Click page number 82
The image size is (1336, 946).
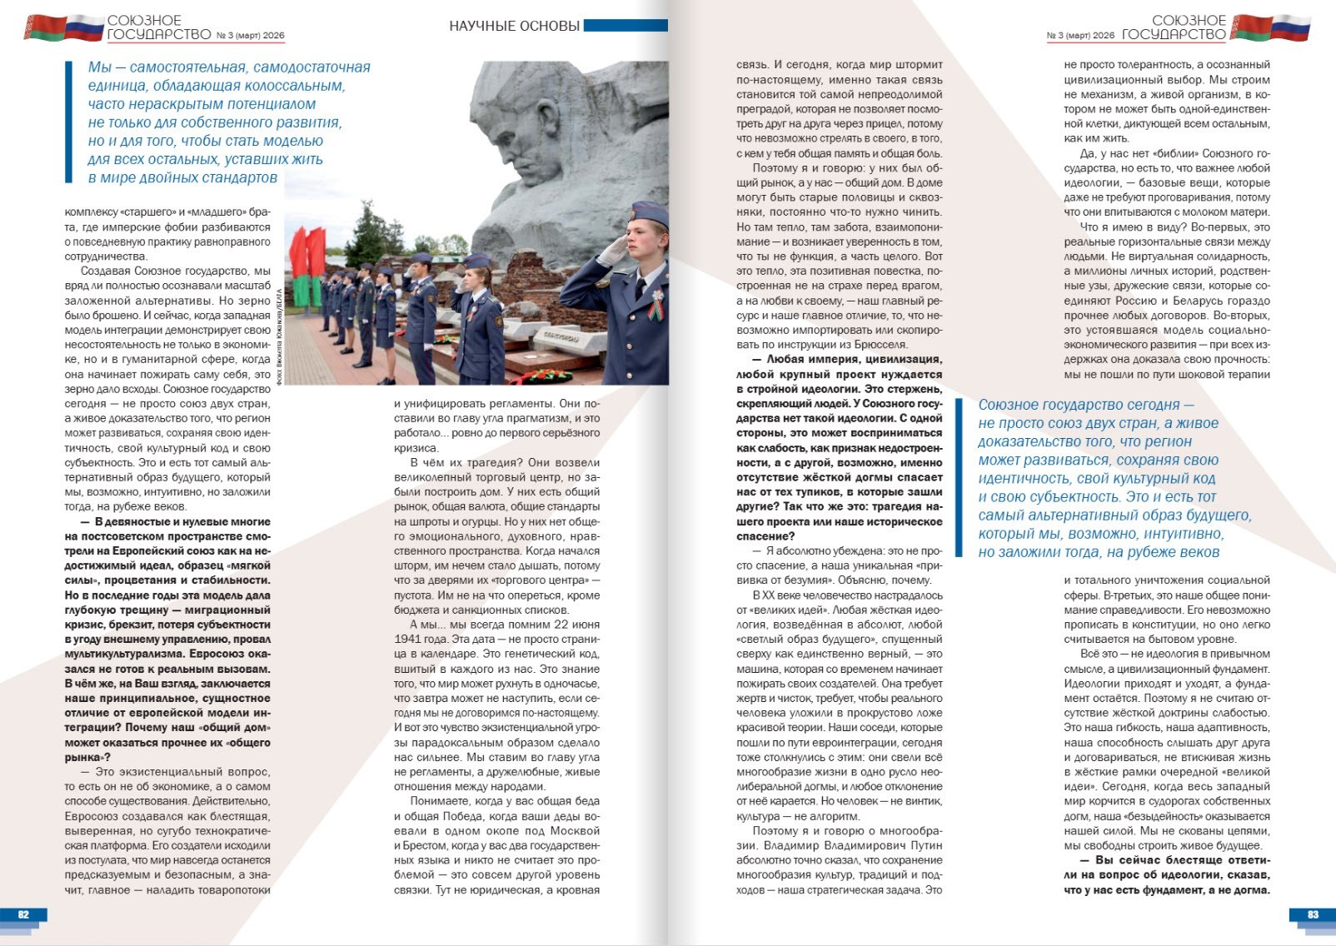23,914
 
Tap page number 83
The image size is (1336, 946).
1313,914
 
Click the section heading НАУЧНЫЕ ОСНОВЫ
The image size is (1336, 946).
514,26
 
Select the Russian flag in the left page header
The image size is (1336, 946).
84,27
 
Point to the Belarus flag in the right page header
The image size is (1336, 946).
1249,27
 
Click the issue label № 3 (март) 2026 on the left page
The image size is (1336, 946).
250,36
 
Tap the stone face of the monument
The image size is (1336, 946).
533,133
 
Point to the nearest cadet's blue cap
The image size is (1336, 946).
649,215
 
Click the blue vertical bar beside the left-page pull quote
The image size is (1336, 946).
69,122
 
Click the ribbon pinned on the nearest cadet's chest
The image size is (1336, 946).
656,306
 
